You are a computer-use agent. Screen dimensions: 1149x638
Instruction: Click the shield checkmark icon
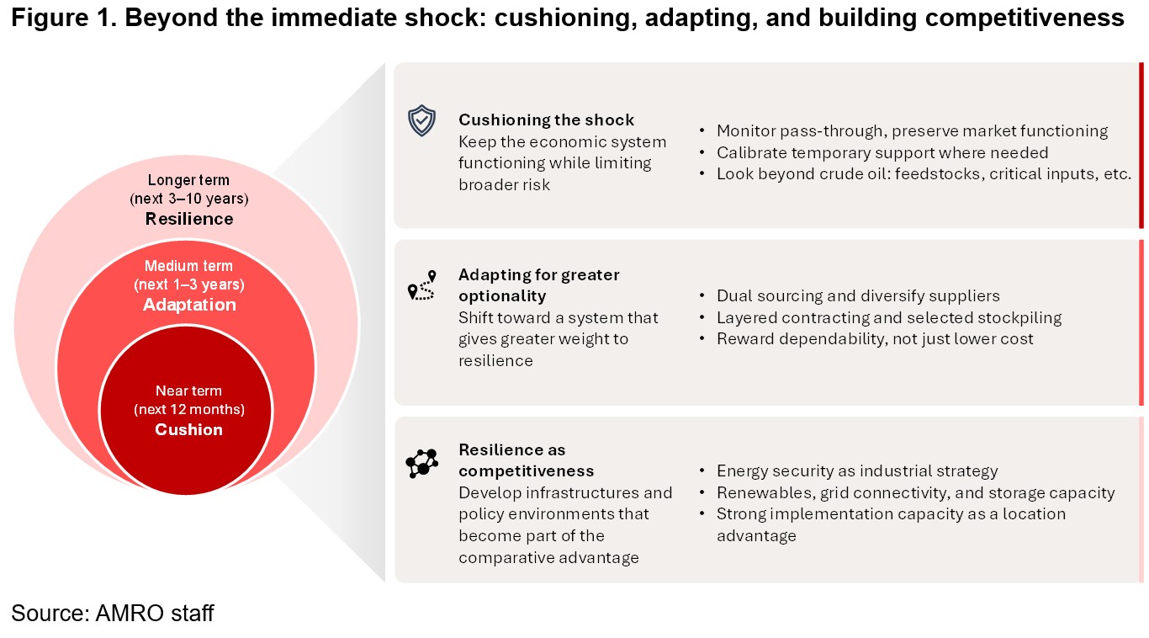[x=421, y=120]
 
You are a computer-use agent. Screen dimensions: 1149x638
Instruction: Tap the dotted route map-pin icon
[x=421, y=285]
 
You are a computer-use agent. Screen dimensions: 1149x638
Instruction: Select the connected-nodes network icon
[x=421, y=464]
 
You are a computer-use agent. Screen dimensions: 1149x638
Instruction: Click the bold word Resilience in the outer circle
[x=189, y=219]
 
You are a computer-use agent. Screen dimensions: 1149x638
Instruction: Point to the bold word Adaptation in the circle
[x=189, y=305]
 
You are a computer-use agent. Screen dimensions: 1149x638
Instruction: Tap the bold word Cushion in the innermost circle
[x=188, y=429]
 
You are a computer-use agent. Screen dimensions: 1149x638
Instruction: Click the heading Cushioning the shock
[x=546, y=120]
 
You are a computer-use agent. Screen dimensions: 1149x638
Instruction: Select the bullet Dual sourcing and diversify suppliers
[x=858, y=295]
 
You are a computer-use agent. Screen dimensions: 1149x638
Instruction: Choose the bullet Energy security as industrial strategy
[x=857, y=471]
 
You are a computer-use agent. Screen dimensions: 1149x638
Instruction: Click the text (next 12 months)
[x=189, y=410]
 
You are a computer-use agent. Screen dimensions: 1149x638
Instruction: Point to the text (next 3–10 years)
[x=189, y=199]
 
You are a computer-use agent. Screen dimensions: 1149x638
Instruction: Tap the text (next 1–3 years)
[x=189, y=284]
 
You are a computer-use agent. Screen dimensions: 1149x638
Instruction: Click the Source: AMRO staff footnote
[x=113, y=613]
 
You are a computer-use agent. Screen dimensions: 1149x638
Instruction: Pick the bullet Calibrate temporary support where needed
[x=882, y=152]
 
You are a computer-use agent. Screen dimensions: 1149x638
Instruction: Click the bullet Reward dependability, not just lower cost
[x=875, y=338]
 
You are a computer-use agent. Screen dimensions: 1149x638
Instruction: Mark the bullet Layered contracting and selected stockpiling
[x=889, y=317]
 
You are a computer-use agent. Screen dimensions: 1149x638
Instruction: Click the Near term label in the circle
[x=188, y=391]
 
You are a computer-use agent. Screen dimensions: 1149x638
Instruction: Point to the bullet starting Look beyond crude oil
[x=924, y=174]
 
